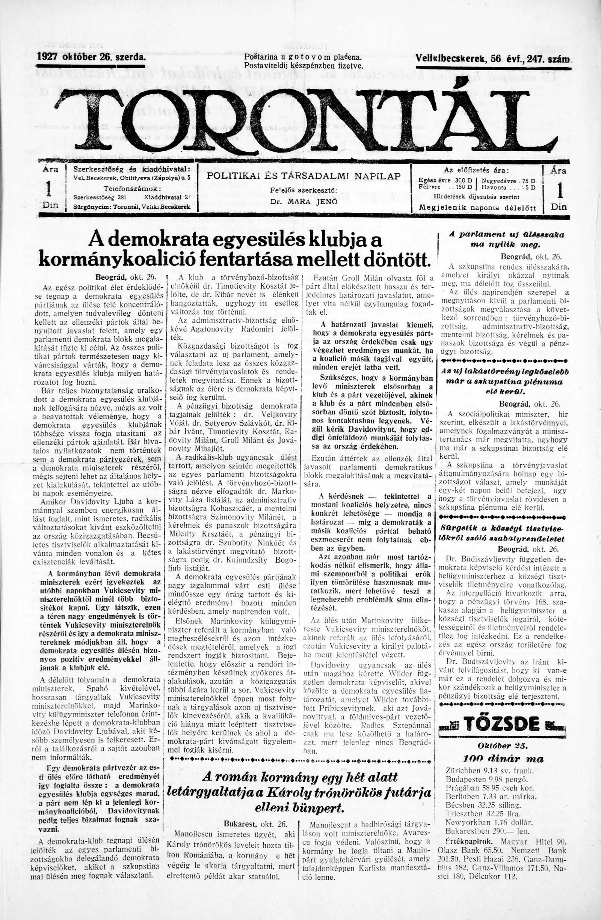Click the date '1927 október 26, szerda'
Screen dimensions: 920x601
coord(91,58)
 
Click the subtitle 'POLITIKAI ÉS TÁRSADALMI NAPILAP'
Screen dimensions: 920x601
coord(304,176)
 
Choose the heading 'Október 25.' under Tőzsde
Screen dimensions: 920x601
coord(503,735)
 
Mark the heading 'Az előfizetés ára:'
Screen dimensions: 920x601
coord(476,170)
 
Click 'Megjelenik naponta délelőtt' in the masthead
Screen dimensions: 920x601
coord(477,208)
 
